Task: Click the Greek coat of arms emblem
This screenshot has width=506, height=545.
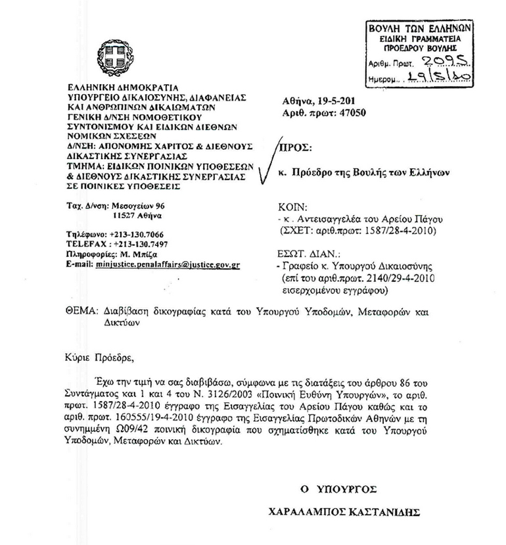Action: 110,55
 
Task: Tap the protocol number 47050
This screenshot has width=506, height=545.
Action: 350,112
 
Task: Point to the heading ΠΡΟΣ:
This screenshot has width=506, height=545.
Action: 295,149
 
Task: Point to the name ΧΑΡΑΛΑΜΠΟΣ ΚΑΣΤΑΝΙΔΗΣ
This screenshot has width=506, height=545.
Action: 357,511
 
